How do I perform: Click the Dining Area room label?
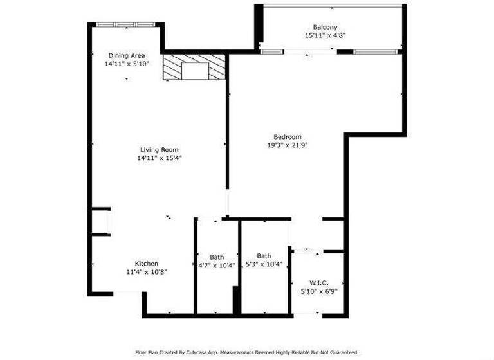coord(126,55)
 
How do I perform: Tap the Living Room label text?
coord(159,149)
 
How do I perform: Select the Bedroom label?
coord(287,136)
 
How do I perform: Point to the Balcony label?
coord(325,27)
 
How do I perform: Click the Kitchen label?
coord(146,264)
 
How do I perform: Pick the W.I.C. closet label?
coord(319,282)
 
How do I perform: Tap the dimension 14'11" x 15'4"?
coord(159,158)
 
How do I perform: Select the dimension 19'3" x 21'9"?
coord(287,145)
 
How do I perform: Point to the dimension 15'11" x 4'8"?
coord(325,36)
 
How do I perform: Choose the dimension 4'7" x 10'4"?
coord(217,265)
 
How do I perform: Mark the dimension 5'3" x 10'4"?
coord(264,264)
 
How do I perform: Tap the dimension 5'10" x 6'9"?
coord(319,291)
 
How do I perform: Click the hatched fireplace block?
coord(194,67)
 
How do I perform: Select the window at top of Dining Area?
coord(126,24)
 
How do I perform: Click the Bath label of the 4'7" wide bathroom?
coord(217,256)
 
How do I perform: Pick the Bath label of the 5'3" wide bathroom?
coord(264,255)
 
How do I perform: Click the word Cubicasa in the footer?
coord(203,352)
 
